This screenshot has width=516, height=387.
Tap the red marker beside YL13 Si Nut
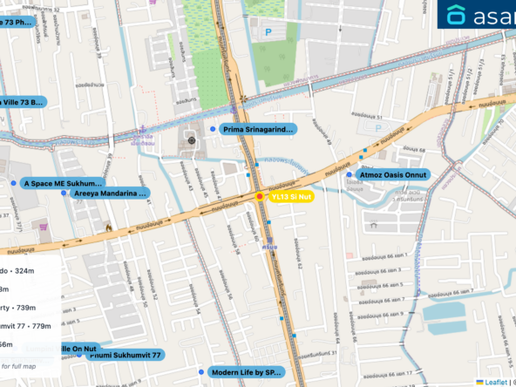(259, 198)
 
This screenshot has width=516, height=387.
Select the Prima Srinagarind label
(259, 129)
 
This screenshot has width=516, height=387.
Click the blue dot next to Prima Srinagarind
(214, 129)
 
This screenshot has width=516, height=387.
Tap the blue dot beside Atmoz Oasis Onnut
(350, 174)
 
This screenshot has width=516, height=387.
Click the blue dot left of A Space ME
(14, 184)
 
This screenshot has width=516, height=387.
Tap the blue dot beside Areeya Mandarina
(64, 193)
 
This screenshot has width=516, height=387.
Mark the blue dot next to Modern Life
(201, 372)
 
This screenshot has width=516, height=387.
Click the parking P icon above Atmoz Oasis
(378, 127)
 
